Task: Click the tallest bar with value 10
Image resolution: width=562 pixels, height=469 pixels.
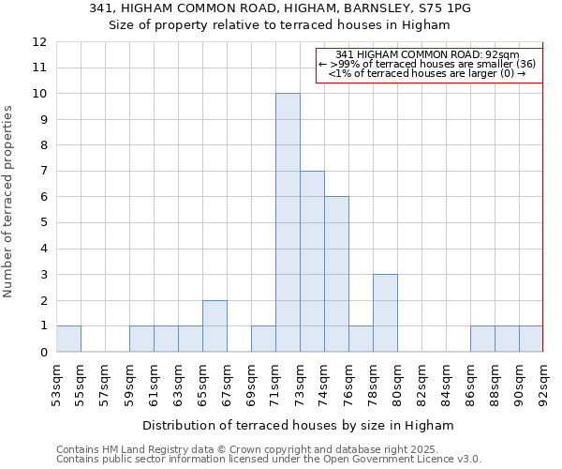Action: pyautogui.click(x=288, y=222)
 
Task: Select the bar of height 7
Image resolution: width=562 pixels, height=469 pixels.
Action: pyautogui.click(x=312, y=261)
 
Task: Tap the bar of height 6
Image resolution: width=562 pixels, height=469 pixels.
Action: pyautogui.click(x=336, y=274)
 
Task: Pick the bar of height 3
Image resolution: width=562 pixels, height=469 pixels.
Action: pyautogui.click(x=385, y=312)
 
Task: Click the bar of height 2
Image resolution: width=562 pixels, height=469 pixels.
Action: pyautogui.click(x=214, y=325)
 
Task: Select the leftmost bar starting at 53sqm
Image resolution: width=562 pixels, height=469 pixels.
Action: pyautogui.click(x=68, y=339)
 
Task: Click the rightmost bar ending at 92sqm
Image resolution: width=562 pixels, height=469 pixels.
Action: pyautogui.click(x=531, y=339)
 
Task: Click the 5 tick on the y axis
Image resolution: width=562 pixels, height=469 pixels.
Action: pyautogui.click(x=42, y=223)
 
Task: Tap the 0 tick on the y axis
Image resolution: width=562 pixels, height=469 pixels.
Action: pyautogui.click(x=42, y=353)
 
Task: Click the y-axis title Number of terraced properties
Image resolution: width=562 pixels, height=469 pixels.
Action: pyautogui.click(x=8, y=201)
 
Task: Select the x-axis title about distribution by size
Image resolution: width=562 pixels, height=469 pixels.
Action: pyautogui.click(x=299, y=425)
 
